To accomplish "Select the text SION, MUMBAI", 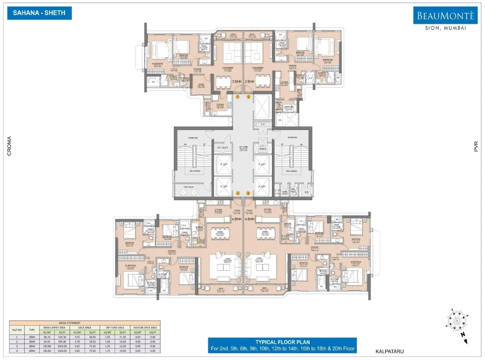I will [x=443, y=28].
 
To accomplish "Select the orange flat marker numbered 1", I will [x=238, y=96].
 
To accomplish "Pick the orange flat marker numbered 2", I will [x=248, y=96].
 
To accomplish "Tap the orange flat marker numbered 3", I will [x=248, y=193].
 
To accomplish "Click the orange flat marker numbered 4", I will [x=238, y=193].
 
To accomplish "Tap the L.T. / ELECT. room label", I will [x=263, y=148].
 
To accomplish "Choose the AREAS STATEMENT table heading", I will [x=84, y=321].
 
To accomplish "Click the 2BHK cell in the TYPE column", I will [x=32, y=341].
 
